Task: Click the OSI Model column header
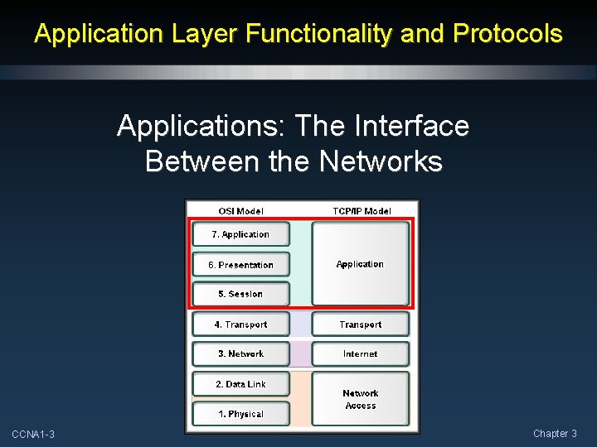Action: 240,211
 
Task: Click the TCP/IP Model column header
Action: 362,211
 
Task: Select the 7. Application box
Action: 240,234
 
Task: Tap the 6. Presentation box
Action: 240,265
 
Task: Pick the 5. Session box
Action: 240,294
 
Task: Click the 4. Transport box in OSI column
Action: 240,324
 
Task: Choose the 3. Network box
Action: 240,353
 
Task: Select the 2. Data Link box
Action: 240,384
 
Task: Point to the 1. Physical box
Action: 240,414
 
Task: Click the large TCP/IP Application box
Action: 360,264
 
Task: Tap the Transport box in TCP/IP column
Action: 360,324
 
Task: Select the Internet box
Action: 360,353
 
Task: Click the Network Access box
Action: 360,399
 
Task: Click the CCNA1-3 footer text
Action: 33,435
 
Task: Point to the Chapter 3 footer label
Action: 555,434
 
